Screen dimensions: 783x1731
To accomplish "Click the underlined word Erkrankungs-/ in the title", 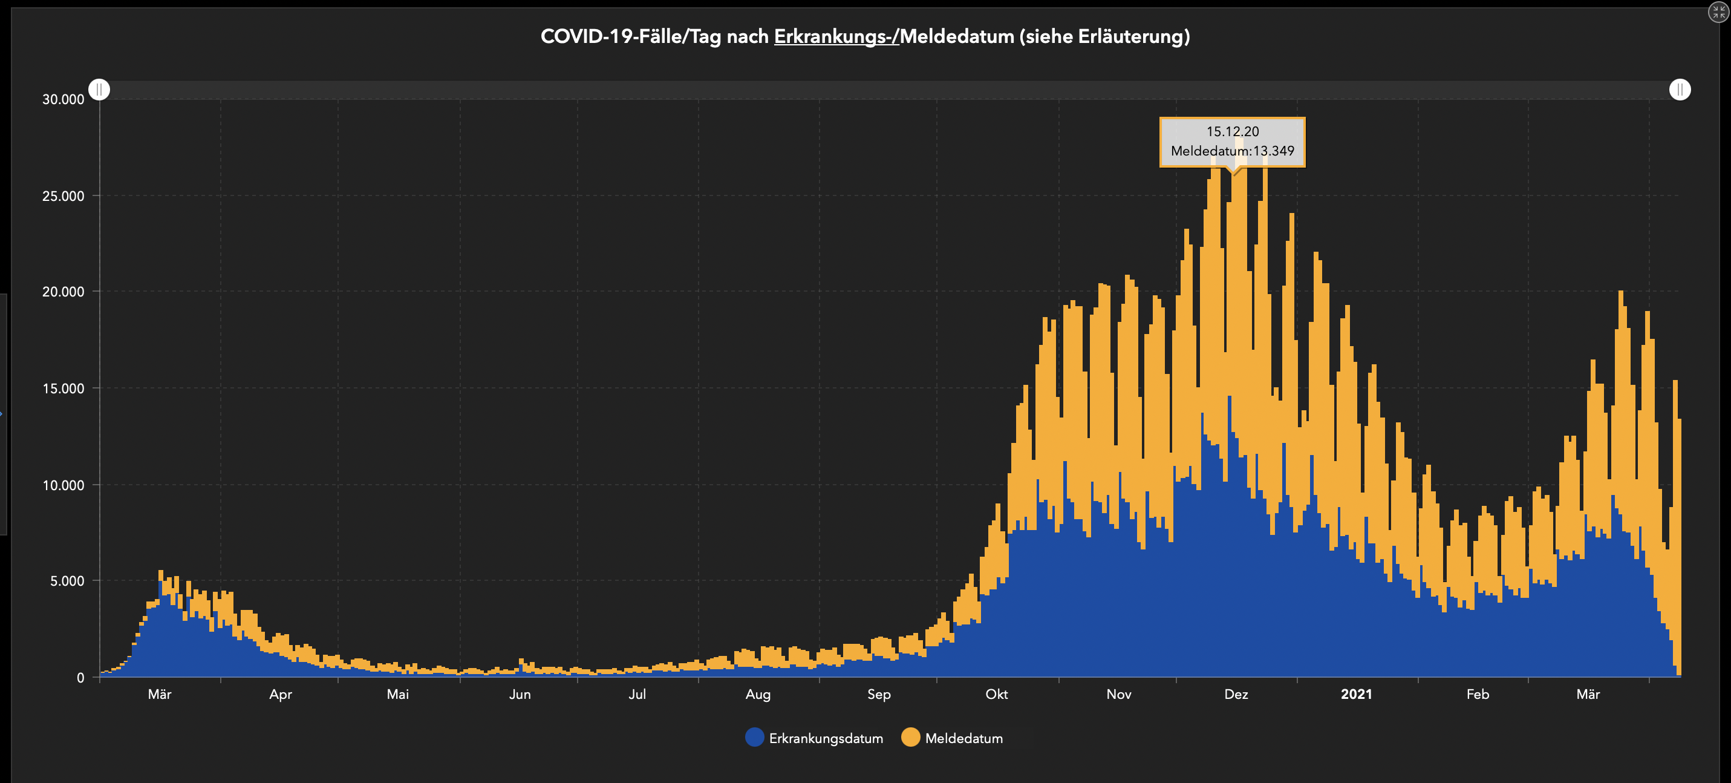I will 836,36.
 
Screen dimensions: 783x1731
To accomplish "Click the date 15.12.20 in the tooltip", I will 1233,132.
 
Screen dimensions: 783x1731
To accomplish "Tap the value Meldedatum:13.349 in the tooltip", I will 1233,151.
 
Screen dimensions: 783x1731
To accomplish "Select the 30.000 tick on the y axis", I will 63,99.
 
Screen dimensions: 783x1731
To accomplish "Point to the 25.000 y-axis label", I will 63,196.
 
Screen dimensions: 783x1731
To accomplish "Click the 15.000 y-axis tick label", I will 63,388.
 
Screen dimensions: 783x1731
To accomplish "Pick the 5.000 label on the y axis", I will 67,581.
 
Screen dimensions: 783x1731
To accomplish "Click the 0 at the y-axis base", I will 80,678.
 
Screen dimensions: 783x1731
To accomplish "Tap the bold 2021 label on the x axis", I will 1356,694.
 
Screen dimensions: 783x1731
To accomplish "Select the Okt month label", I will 996,694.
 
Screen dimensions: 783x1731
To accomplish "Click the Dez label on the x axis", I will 1236,694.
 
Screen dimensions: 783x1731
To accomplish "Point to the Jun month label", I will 520,694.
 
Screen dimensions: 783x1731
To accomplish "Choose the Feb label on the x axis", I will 1478,694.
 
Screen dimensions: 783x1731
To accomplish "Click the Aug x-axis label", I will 757,694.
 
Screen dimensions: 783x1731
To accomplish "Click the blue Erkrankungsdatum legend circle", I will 755,737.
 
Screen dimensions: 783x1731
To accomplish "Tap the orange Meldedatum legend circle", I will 910,737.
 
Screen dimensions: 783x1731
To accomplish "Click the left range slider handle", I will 99,90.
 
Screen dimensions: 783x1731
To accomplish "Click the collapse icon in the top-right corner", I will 1718,12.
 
